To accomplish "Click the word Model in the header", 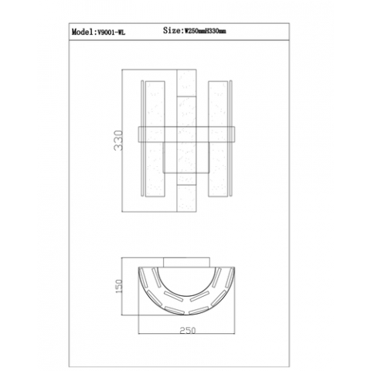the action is [83, 32].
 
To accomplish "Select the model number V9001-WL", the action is [111, 32].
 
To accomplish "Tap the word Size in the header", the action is [172, 30].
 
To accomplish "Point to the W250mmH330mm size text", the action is [206, 31].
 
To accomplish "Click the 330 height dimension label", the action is [118, 141].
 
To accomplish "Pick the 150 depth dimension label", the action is [119, 286].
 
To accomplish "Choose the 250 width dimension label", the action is [188, 330].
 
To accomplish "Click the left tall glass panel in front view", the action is [155, 139].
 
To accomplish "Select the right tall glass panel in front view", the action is [218, 139].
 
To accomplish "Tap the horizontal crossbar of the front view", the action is [186, 134].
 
